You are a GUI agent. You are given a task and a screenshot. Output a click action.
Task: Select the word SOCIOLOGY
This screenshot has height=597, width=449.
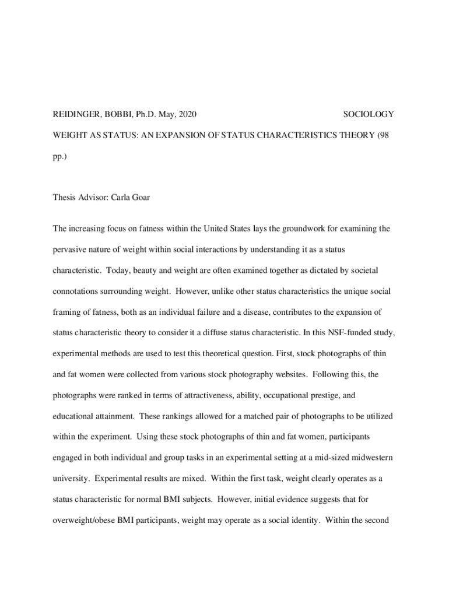click(369, 114)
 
